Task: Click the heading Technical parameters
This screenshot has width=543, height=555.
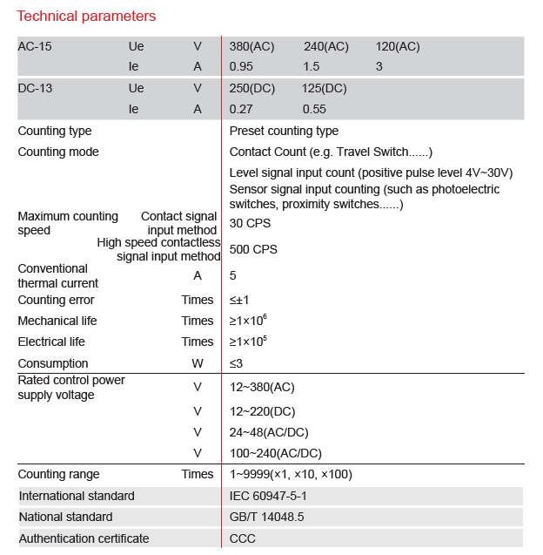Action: point(87,17)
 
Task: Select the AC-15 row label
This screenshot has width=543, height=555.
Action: point(35,46)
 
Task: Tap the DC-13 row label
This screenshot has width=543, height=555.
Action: point(35,88)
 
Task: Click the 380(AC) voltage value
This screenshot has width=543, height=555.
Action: point(251,46)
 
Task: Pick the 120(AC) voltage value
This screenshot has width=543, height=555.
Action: point(398,46)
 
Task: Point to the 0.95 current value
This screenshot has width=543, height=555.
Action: point(241,67)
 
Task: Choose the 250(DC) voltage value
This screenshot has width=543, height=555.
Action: point(251,88)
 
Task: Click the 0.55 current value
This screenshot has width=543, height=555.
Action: point(314,109)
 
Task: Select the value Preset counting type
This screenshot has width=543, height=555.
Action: point(284,131)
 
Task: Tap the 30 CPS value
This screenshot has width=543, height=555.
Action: point(250,223)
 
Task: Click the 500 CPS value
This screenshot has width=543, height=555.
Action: point(253,249)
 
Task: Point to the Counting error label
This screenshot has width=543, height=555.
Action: point(57,300)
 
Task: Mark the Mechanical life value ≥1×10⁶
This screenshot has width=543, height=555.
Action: point(248,321)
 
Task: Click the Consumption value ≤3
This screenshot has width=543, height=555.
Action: point(237,363)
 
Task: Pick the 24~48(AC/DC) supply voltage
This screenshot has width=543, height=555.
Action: point(269,432)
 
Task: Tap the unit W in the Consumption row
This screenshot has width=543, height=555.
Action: point(198,363)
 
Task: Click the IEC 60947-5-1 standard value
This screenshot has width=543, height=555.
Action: point(268,496)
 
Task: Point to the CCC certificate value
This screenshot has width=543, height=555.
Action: point(243,538)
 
